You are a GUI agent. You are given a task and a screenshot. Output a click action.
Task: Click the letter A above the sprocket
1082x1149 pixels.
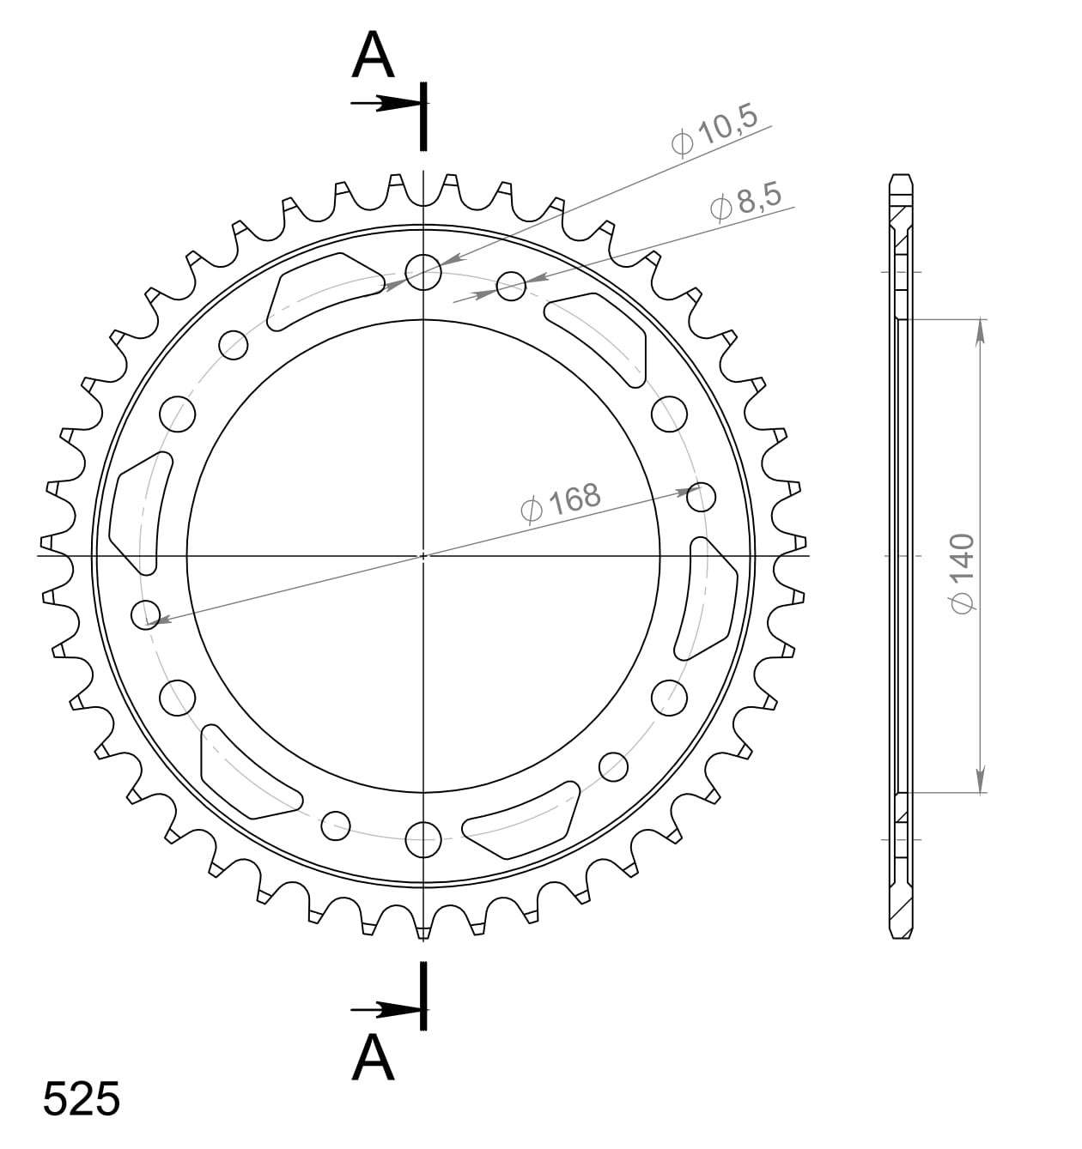pos(373,56)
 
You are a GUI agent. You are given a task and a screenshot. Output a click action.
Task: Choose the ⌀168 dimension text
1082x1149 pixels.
pos(560,503)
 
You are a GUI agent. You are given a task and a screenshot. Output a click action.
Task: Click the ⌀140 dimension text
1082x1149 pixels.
pos(963,573)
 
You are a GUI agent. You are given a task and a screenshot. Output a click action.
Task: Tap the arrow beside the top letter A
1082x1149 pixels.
pos(386,103)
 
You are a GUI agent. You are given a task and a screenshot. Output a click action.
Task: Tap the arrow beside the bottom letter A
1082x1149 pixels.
pos(386,1010)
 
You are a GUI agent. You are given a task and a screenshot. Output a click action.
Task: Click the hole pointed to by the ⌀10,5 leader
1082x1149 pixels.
pos(423,273)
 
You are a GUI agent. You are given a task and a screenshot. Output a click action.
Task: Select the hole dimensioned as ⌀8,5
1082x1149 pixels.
pos(511,287)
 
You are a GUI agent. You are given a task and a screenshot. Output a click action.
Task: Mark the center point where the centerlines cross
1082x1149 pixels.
pos(423,556)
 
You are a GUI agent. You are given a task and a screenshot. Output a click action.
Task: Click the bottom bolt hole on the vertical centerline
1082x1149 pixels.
pos(423,839)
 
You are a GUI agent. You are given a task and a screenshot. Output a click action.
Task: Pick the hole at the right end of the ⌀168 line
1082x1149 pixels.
pos(702,496)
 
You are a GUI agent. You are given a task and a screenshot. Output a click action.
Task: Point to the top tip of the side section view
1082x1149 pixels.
pos(901,176)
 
